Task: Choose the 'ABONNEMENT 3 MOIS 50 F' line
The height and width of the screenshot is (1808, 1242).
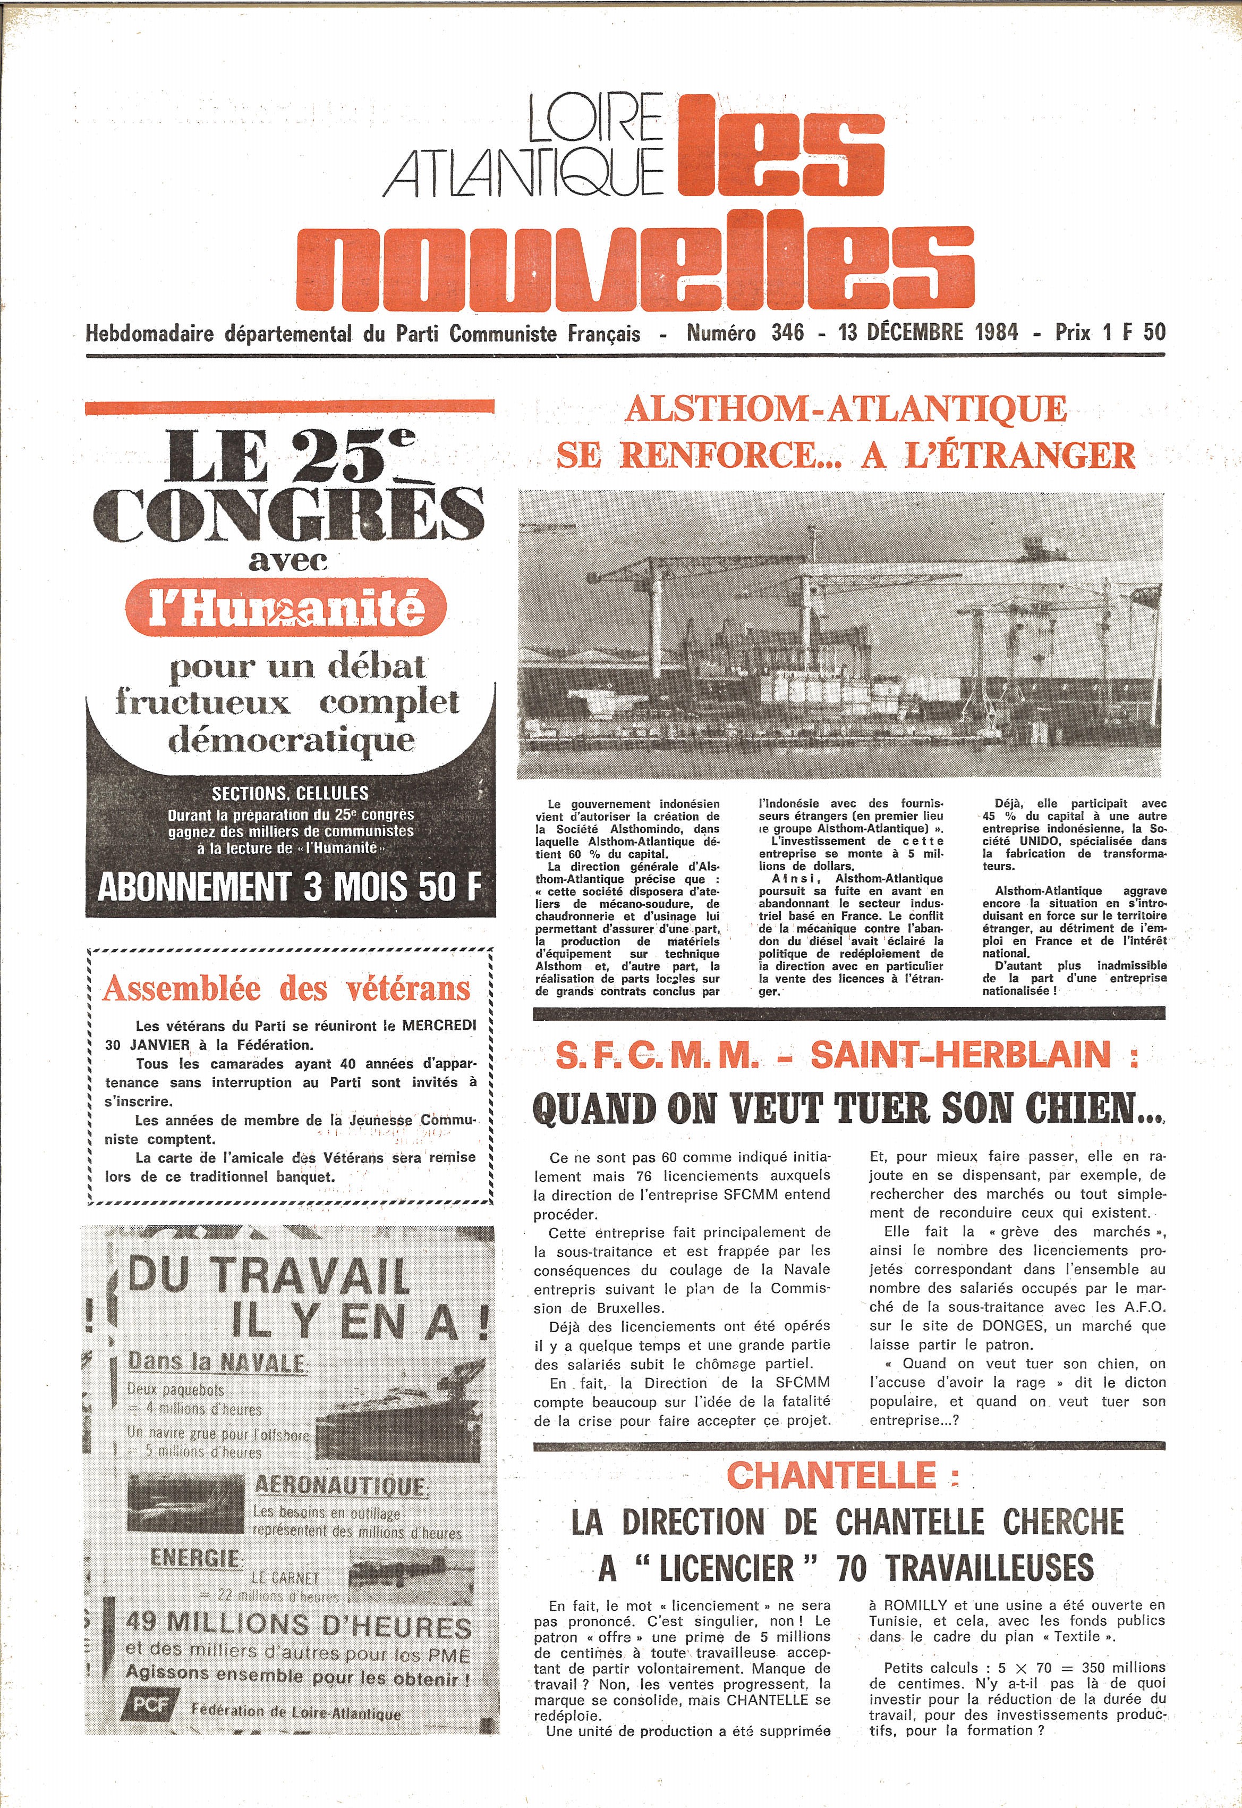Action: coord(290,887)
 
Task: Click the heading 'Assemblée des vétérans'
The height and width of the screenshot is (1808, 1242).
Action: coord(287,988)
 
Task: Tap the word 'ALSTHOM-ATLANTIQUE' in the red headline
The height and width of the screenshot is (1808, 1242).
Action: coord(846,409)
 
